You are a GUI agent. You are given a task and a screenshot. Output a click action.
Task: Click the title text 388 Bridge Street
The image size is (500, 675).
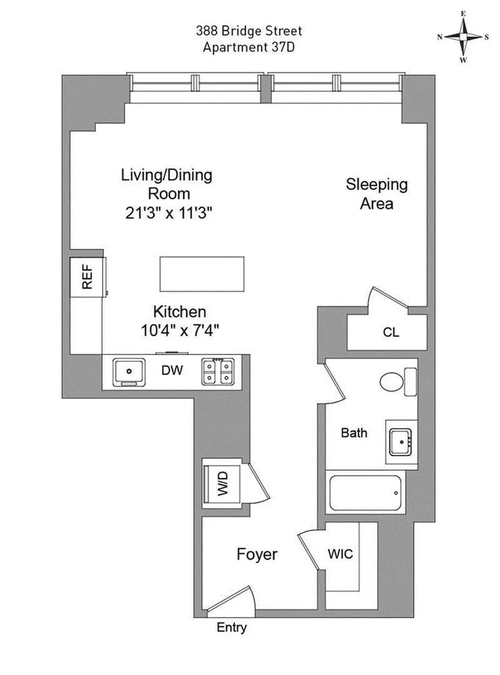click(249, 31)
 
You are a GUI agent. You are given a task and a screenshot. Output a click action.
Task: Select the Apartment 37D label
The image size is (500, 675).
click(249, 47)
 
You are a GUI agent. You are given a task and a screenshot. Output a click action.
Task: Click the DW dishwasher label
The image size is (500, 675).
click(169, 371)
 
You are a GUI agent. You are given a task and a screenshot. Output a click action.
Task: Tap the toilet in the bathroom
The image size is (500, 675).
click(392, 382)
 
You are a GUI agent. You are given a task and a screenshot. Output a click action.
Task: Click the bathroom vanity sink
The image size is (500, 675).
click(403, 441)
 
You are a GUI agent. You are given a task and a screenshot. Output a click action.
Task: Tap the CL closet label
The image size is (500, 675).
click(391, 332)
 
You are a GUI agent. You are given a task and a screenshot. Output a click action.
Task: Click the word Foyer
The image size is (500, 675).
click(256, 555)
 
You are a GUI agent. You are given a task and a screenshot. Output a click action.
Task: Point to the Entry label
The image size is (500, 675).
click(231, 628)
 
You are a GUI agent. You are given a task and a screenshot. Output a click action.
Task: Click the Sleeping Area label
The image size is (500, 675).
click(377, 193)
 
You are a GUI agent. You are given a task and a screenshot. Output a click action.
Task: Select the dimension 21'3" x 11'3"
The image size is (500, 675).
click(167, 212)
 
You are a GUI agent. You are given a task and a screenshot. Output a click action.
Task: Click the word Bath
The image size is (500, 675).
click(354, 433)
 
